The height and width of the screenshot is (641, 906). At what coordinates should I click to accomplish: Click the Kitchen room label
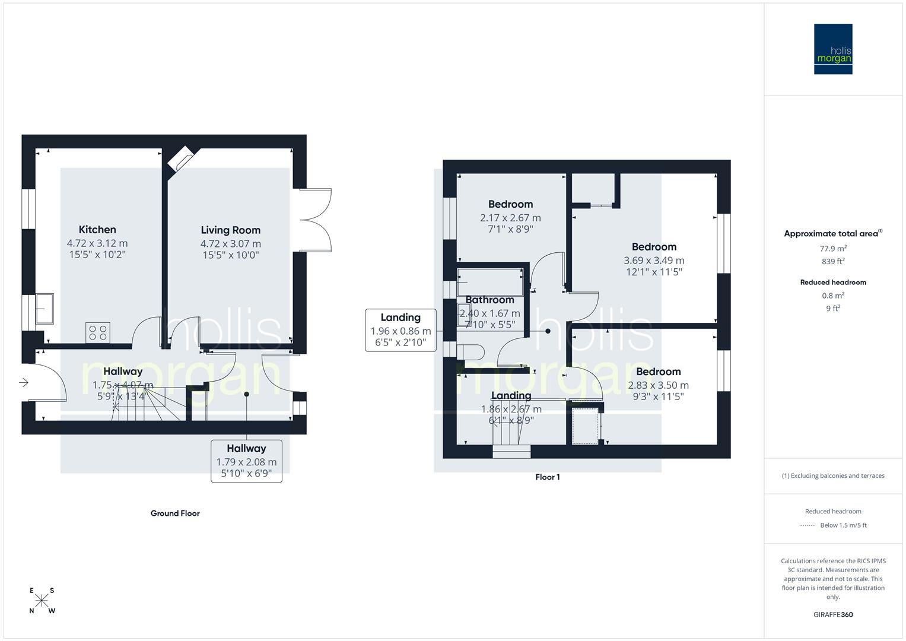coord(97,230)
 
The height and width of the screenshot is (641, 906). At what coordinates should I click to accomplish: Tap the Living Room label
coord(230,230)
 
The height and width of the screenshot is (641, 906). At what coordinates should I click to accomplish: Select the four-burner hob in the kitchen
coord(98,332)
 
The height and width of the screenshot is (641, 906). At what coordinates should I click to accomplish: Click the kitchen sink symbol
coord(44,309)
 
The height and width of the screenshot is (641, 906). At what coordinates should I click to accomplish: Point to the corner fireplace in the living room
coord(179,161)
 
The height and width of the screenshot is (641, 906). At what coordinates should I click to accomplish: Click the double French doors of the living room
coord(316,220)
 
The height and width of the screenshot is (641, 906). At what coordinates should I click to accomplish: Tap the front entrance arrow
coord(24,383)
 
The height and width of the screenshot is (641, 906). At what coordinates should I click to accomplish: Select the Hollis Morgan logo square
coord(832,49)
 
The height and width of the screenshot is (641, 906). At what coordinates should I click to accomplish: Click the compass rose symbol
coord(42,600)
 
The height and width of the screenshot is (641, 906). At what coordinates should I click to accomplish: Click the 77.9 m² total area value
coord(833,249)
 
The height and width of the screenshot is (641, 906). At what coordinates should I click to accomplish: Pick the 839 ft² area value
coord(833,261)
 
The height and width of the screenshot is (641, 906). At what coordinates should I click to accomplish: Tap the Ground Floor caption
coord(175,513)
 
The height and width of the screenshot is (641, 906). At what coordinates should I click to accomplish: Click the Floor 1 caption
coord(547,477)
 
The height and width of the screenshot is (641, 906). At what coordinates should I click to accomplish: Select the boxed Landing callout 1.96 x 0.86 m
coord(400,330)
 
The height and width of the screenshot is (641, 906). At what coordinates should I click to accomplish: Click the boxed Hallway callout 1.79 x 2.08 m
coord(246,461)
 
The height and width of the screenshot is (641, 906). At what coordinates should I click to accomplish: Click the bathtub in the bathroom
coord(490,282)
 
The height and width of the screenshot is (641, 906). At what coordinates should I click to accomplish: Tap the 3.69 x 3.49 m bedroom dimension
coord(654,261)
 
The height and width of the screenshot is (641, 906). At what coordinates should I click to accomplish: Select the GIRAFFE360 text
coord(833,615)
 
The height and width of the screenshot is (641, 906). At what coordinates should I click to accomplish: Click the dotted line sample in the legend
coord(808,525)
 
